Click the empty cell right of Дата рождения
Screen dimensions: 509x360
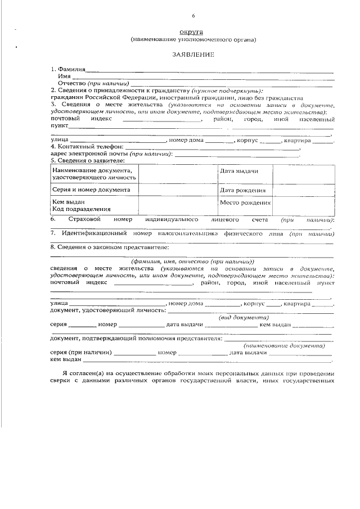pyautogui.click(x=303, y=190)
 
